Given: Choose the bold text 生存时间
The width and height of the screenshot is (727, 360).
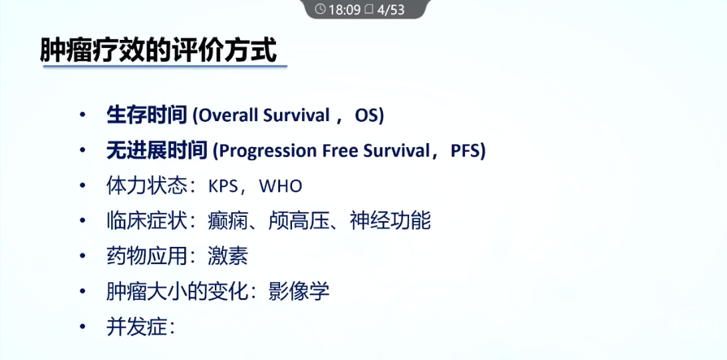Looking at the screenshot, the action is (146, 116).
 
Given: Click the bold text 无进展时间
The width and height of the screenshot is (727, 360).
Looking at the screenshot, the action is (157, 151).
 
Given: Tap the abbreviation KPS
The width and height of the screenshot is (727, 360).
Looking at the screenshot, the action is (222, 186).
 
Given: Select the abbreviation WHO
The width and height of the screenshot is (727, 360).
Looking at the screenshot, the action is (281, 186).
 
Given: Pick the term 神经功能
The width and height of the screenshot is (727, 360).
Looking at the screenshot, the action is (390, 222).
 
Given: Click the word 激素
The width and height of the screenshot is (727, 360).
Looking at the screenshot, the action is (227, 257).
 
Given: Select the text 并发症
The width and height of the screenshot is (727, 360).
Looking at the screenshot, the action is (136, 327).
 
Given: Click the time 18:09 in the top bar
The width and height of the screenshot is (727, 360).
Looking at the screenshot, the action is (345, 10).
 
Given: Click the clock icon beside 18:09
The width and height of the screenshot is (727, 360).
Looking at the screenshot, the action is (321, 9).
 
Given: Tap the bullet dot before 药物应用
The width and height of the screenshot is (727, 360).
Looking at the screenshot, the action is (82, 256).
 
